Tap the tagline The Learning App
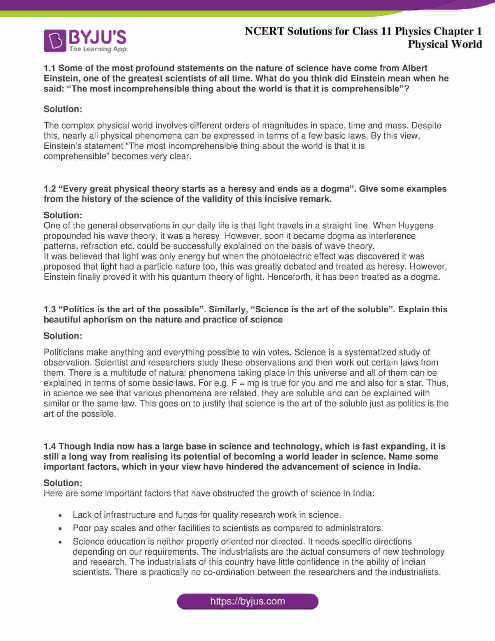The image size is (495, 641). point(98,49)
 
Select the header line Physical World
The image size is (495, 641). point(445,44)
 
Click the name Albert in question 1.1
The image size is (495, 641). point(414,68)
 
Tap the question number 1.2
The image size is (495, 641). point(50,189)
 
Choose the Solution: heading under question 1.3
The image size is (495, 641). point(63,336)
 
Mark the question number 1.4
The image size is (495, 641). point(50,446)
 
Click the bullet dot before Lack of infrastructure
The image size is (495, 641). point(60,515)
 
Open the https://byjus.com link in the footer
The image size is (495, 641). point(248,601)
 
